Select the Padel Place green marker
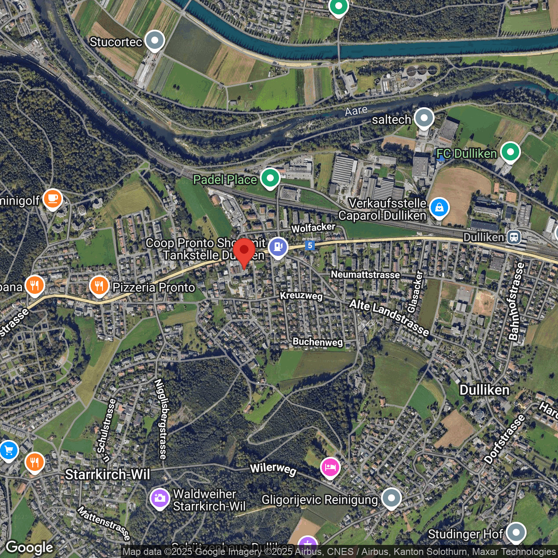click(x=270, y=178)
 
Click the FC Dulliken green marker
click(x=510, y=152)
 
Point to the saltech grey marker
click(x=424, y=118)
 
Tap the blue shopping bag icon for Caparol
click(x=439, y=208)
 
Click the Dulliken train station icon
click(x=514, y=237)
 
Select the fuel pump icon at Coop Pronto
click(x=278, y=247)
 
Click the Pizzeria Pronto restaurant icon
click(x=99, y=286)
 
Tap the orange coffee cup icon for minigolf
click(x=53, y=199)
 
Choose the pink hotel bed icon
click(x=330, y=467)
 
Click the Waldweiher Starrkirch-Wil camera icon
click(x=160, y=498)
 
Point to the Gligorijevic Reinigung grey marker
click(x=391, y=498)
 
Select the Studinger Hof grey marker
click(x=516, y=532)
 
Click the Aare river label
click(x=356, y=111)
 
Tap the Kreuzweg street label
click(x=301, y=296)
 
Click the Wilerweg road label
click(x=273, y=469)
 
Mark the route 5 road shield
click(x=310, y=245)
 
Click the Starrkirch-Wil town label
click(x=107, y=474)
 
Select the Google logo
click(x=30, y=548)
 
